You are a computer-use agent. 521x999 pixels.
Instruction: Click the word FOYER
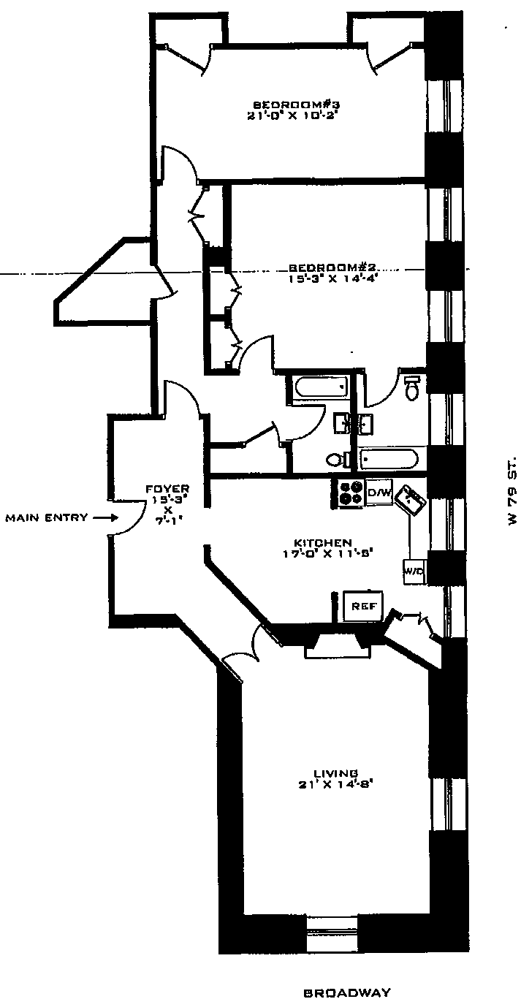click(168, 489)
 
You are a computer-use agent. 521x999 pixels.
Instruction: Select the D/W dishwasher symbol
click(379, 493)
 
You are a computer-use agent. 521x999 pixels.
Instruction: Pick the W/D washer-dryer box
click(414, 571)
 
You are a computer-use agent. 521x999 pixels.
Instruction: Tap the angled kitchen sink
click(411, 502)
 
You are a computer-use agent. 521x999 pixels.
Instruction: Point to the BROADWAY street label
click(347, 992)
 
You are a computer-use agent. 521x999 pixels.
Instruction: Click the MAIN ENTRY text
click(47, 517)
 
